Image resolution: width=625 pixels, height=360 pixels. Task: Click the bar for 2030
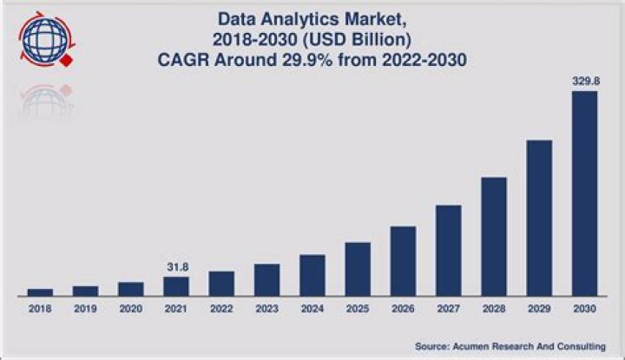click(584, 193)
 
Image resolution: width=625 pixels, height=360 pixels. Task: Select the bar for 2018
click(40, 291)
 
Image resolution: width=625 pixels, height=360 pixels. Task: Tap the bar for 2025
click(358, 268)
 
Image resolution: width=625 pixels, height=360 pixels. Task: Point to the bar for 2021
click(176, 285)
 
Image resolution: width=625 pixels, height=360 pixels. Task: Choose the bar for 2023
click(266, 279)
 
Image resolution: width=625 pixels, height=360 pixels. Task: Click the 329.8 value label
click(584, 80)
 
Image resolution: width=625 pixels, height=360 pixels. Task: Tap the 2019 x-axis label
click(85, 308)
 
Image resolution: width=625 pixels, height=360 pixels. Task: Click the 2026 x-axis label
click(403, 308)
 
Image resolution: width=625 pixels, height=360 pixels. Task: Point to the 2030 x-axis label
click(584, 308)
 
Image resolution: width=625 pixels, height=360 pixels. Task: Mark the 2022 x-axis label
click(221, 308)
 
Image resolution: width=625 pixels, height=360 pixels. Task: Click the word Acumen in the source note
click(465, 346)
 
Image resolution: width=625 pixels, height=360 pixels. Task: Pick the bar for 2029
click(539, 217)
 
